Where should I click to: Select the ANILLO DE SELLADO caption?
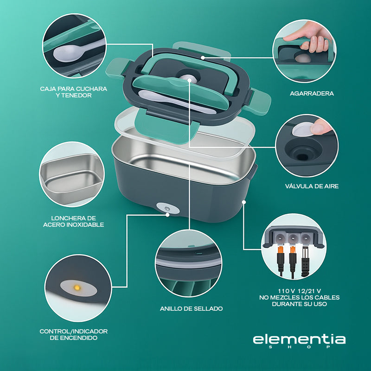(x=191, y=308)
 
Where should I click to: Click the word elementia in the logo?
(x=299, y=339)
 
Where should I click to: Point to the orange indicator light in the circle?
(x=75, y=288)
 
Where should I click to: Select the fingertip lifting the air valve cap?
(x=319, y=124)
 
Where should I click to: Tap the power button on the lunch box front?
(x=167, y=209)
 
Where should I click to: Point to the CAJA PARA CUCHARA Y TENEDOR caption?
(x=73, y=92)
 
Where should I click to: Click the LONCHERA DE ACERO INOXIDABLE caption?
(x=73, y=221)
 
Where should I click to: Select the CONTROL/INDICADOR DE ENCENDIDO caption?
(x=73, y=334)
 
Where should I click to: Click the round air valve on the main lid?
(x=189, y=79)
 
